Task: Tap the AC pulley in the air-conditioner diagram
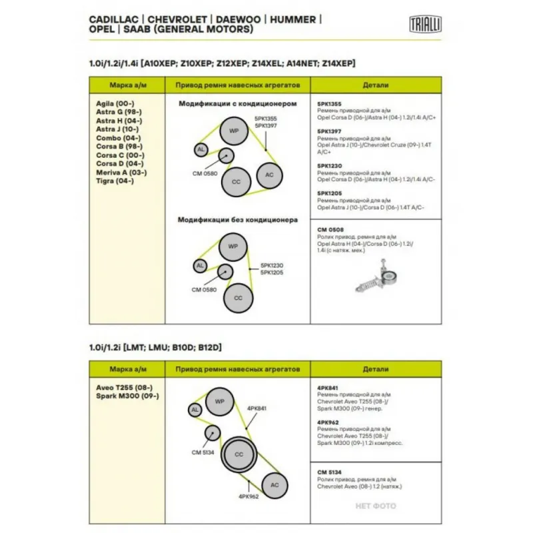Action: pos(269,175)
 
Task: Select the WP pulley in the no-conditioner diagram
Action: pos(233,247)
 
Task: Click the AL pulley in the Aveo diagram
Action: pos(195,410)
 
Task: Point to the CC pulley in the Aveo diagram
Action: pos(238,454)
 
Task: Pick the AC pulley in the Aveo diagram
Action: pos(274,484)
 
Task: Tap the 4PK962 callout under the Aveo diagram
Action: pos(248,496)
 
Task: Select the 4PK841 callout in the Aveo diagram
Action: pos(257,408)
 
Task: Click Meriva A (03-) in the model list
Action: pos(121,172)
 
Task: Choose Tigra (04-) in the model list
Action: pos(115,181)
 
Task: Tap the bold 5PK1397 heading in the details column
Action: pos(330,131)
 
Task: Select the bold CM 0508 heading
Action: pos(330,229)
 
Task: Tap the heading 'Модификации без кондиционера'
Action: pos(237,219)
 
